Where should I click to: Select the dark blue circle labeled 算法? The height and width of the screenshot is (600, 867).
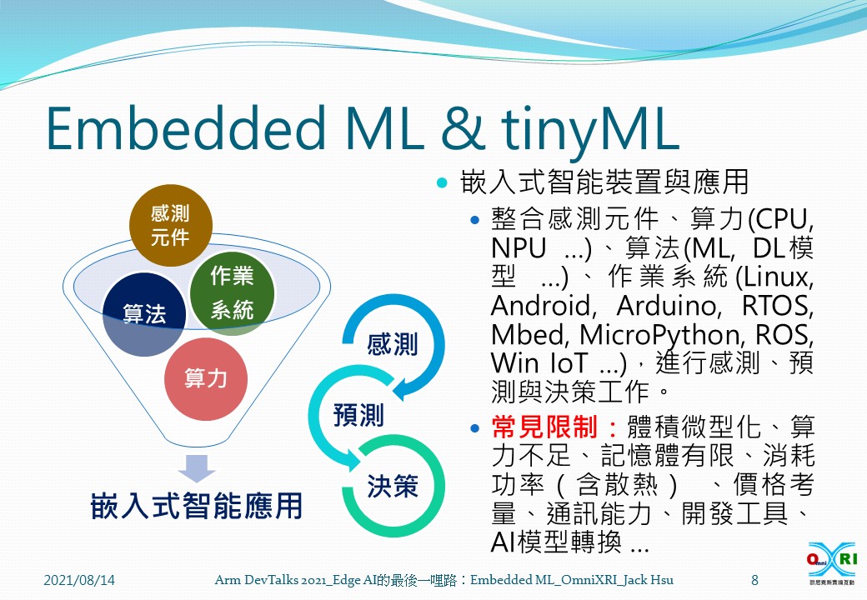tap(143, 314)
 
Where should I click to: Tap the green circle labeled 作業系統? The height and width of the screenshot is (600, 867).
tap(231, 292)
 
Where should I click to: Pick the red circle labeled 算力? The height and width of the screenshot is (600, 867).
tap(205, 379)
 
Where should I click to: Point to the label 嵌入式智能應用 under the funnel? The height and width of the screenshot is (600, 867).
tap(197, 506)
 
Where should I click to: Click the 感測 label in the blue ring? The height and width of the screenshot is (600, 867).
tap(392, 344)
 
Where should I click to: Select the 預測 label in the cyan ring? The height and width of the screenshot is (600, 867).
tap(358, 414)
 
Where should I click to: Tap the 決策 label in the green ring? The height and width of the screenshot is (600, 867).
tap(393, 486)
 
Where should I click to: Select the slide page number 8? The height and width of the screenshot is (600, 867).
tap(754, 579)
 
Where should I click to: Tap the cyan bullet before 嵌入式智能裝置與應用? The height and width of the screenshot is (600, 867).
tap(442, 181)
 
